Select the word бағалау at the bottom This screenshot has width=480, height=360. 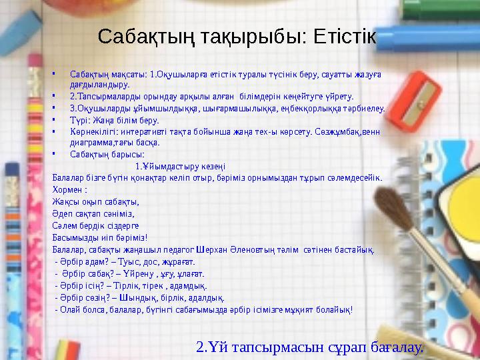point(396,347)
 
